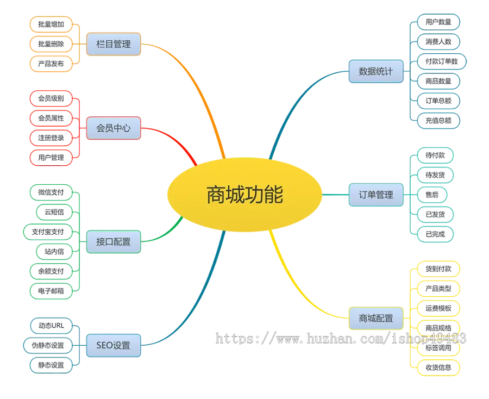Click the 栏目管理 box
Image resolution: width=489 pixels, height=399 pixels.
click(114, 44)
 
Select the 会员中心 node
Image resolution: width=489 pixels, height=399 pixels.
click(114, 129)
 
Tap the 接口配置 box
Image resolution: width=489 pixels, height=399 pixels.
click(114, 242)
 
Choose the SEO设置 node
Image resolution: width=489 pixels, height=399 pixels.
click(114, 345)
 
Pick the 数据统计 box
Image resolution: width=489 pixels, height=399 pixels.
click(376, 71)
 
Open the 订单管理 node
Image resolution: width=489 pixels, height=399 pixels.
click(376, 194)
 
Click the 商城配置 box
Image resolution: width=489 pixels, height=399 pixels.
click(376, 318)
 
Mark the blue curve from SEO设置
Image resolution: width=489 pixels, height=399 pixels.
click(196, 304)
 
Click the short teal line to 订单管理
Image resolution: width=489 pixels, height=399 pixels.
click(336, 194)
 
